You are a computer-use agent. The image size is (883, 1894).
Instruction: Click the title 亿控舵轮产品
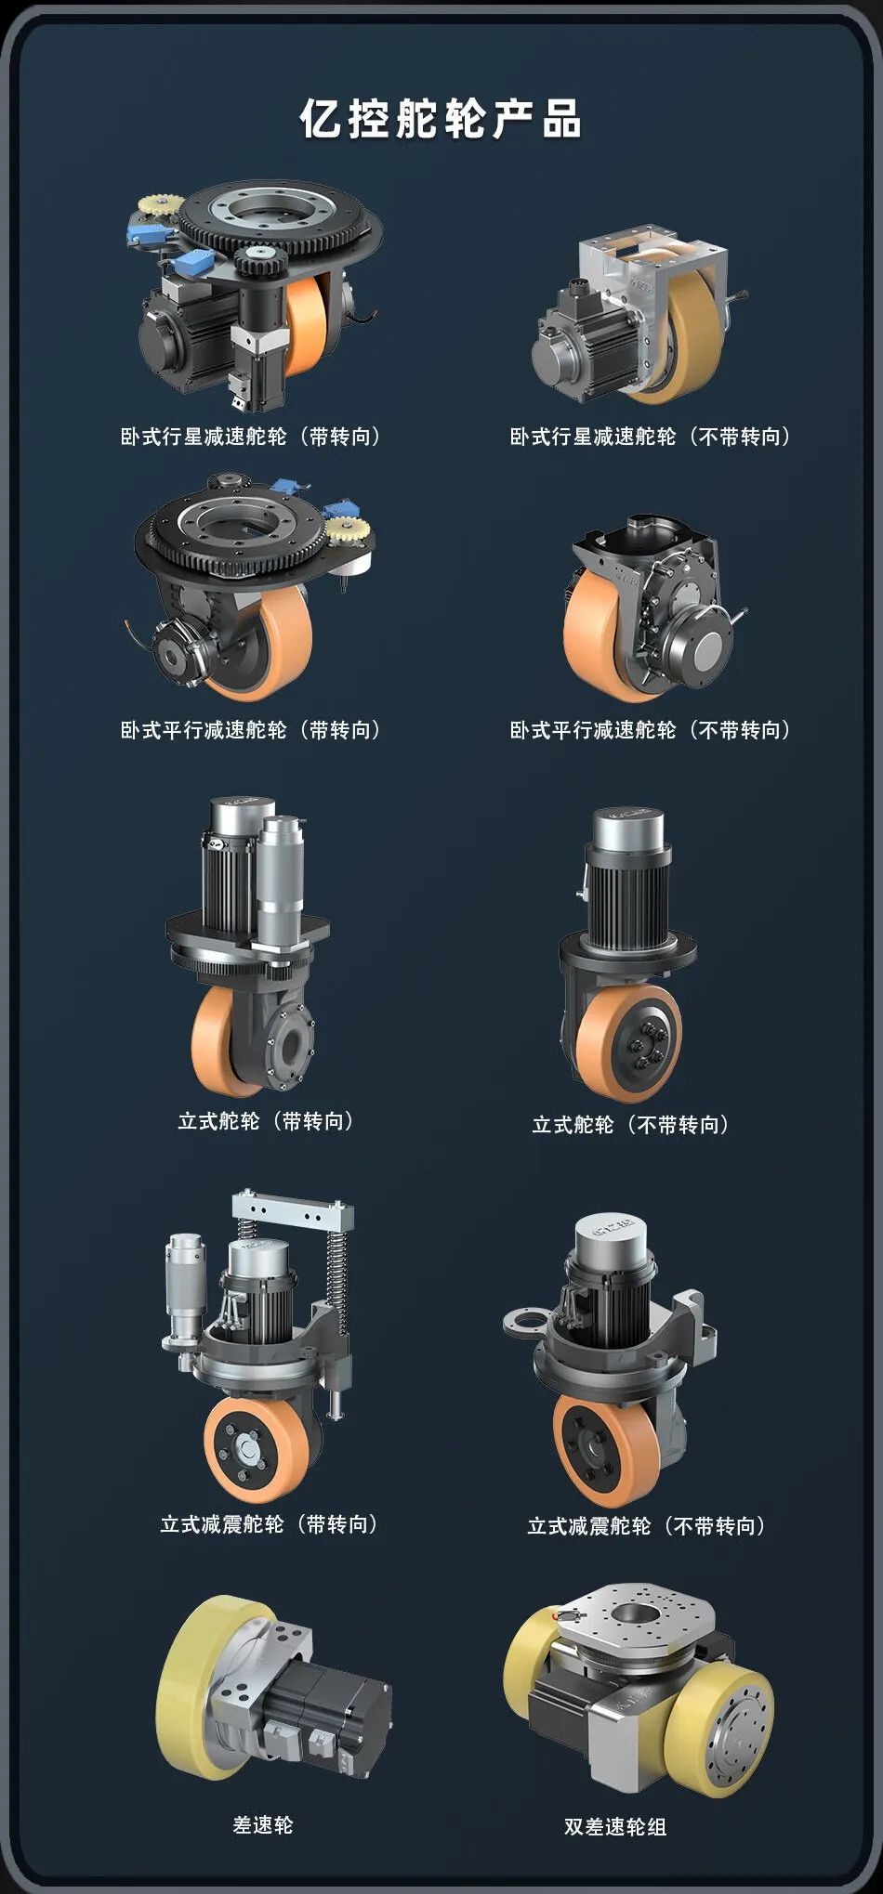(441, 118)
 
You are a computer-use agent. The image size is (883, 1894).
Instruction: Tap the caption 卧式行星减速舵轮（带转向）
(251, 437)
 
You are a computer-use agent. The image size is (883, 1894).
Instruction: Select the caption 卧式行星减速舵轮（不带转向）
(651, 437)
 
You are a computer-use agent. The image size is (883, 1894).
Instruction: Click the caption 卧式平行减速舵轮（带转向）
(251, 730)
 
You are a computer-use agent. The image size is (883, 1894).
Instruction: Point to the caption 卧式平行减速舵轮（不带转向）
(651, 730)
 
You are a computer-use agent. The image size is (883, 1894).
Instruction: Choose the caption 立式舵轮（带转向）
(267, 1121)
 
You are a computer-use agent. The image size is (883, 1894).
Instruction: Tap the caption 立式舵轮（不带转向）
(631, 1125)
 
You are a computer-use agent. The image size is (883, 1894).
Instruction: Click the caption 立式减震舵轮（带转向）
(270, 1524)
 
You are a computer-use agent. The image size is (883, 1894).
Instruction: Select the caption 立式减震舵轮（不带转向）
(647, 1526)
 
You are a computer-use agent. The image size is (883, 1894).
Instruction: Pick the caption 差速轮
(263, 1825)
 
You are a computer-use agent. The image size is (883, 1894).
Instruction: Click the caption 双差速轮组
(615, 1827)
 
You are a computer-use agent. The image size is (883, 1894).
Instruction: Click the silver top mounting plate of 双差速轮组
(635, 1617)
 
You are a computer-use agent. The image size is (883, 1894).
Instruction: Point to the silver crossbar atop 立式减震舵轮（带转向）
(293, 1211)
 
